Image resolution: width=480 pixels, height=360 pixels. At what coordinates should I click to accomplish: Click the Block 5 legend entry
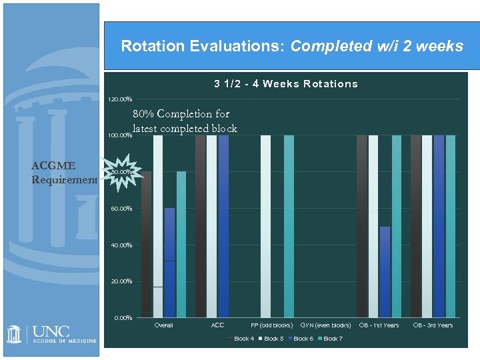[x=273, y=339]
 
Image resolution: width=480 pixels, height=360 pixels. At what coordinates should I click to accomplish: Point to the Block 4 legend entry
[x=243, y=339]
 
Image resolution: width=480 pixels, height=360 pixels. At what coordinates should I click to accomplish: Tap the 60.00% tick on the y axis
[x=121, y=209]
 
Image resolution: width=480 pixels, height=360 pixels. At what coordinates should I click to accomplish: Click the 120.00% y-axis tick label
[x=120, y=99]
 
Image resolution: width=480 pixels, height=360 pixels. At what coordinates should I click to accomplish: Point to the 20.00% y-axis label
[x=121, y=281]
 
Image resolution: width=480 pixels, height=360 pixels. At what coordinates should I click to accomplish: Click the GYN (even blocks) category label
[x=325, y=325]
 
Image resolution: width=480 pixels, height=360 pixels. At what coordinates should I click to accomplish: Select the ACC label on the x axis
[x=217, y=325]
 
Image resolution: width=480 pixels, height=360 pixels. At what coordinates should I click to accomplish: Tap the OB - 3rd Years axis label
[x=433, y=325]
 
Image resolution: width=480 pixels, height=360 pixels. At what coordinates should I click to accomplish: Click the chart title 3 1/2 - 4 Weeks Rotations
[x=285, y=84]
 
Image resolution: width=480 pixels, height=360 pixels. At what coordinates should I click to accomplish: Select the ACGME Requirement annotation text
[x=64, y=172]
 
